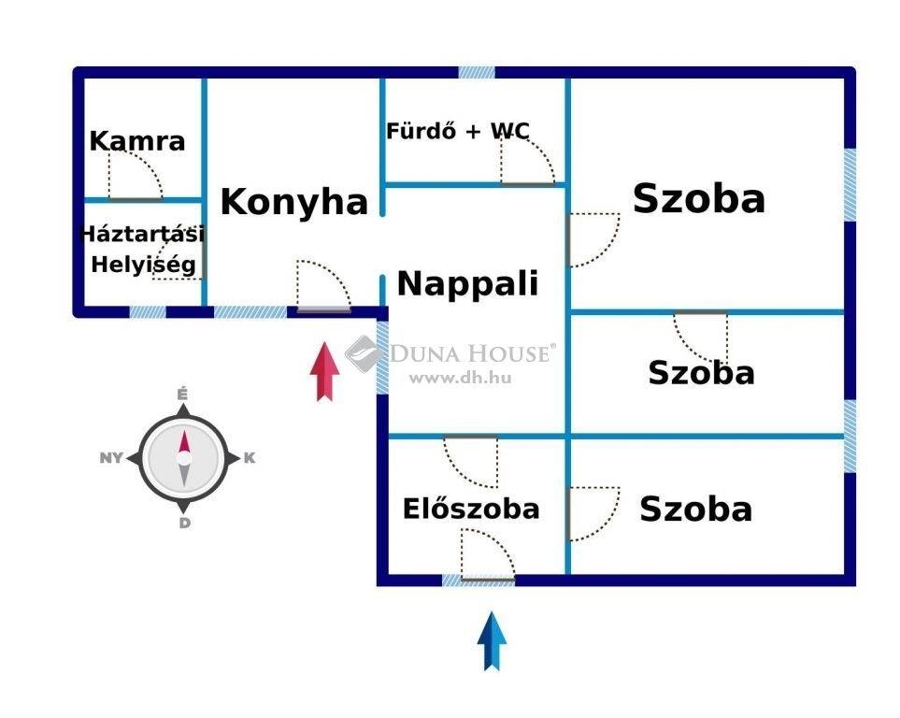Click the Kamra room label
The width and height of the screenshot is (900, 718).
[x=137, y=141]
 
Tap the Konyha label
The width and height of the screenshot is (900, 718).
[x=293, y=202]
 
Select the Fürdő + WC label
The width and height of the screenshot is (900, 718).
[x=457, y=131]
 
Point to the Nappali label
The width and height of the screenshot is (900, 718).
[x=468, y=283]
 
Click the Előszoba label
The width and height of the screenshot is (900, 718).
[x=471, y=509]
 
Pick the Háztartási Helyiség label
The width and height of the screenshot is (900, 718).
[x=142, y=250]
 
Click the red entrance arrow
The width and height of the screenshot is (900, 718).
[x=325, y=371]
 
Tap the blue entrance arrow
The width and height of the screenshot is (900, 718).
[x=492, y=641]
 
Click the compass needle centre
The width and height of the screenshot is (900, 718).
[x=184, y=458]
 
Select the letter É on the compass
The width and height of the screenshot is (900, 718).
[x=182, y=394]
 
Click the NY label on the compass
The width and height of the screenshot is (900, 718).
[x=111, y=458]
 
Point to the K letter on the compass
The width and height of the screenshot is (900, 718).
[x=250, y=458]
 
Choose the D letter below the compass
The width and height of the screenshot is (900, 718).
[x=184, y=523]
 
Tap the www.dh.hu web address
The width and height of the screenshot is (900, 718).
[x=460, y=378]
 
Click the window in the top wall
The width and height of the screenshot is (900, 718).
[x=477, y=72]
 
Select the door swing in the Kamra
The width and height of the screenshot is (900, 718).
[x=136, y=176]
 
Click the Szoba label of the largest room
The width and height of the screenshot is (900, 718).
[x=699, y=198]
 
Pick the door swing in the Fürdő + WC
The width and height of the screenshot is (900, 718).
[x=528, y=161]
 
